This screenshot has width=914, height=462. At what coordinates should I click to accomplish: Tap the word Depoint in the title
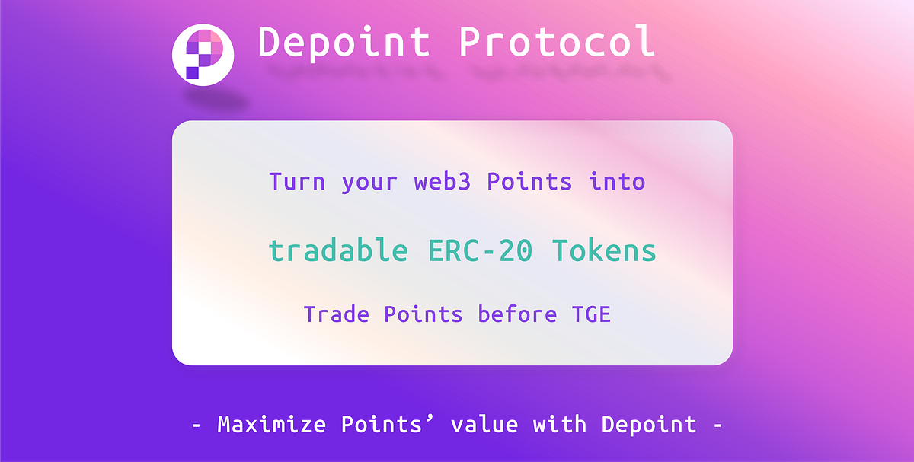click(x=344, y=43)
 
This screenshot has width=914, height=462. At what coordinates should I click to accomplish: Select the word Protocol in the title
click(x=557, y=43)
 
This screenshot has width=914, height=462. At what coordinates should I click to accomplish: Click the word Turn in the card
click(x=297, y=182)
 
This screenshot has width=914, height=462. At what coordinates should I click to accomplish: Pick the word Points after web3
click(x=529, y=182)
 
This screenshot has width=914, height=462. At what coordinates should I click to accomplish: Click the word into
click(x=617, y=182)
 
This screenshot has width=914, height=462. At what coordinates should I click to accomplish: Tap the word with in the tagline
click(x=560, y=423)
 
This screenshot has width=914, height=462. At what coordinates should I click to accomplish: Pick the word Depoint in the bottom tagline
click(x=649, y=423)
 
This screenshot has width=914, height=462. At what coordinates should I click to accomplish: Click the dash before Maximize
click(x=197, y=425)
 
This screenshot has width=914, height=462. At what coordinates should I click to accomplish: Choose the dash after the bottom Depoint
click(x=717, y=425)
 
